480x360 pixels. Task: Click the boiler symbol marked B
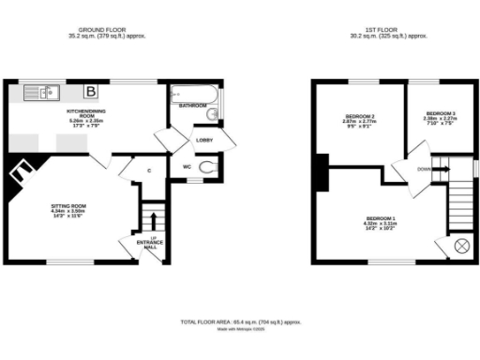(91, 91)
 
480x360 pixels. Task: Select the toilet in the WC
(207, 168)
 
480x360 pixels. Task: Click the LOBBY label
(202, 140)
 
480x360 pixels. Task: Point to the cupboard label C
(149, 170)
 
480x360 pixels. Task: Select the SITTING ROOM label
(68, 205)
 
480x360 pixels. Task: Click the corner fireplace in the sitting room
(21, 177)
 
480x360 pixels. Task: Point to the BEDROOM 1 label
(380, 219)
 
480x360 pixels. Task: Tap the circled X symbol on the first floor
(461, 246)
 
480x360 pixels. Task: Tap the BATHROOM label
(194, 105)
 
